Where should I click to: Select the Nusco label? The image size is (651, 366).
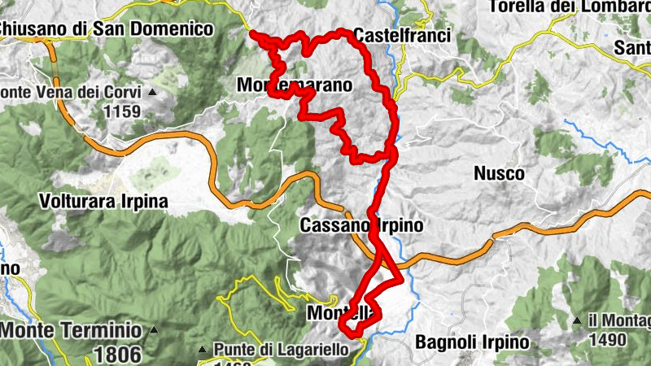(499, 173)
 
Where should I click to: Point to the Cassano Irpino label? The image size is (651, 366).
(361, 225)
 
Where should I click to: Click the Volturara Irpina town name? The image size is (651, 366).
(103, 200)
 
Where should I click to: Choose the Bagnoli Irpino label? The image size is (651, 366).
(471, 342)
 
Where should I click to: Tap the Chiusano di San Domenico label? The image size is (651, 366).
(106, 29)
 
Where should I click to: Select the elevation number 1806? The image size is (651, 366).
(119, 354)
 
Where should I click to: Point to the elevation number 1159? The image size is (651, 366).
(122, 111)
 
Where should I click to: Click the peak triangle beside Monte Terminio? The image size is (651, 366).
(154, 331)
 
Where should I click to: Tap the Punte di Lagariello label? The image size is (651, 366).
(281, 349)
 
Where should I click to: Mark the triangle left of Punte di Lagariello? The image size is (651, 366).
(202, 350)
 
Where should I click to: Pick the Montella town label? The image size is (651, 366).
(342, 313)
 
